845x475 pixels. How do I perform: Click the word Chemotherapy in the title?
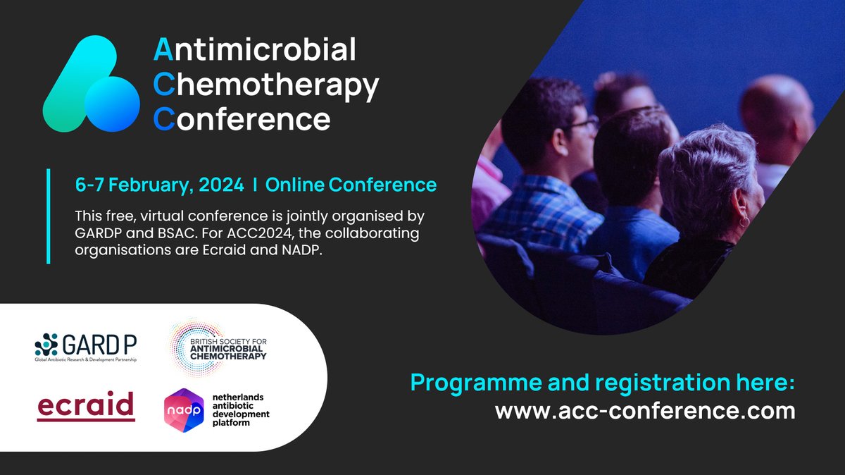(x=266, y=85)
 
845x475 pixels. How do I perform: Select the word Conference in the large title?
(x=242, y=118)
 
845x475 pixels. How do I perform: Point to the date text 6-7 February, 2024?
(x=160, y=185)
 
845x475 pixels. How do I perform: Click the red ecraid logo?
(x=85, y=406)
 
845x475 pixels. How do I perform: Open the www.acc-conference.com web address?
(x=645, y=411)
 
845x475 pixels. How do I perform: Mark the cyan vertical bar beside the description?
(x=49, y=216)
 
